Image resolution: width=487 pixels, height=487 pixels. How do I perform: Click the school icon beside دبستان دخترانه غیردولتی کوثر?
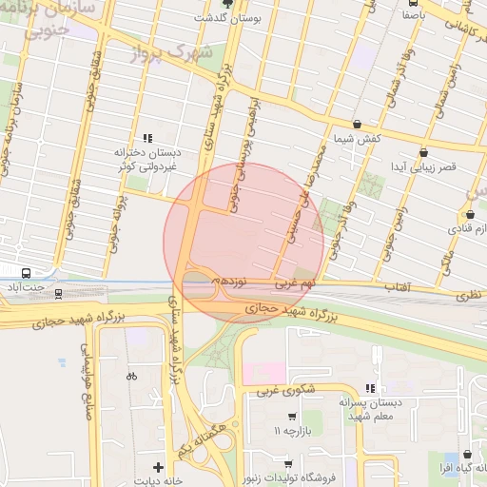coord(147,138)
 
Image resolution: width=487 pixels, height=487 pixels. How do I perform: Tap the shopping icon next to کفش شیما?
coord(357,125)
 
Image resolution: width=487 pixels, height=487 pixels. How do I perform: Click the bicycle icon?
coord(131,376)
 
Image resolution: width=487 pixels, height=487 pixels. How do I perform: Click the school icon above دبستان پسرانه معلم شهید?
coord(370,387)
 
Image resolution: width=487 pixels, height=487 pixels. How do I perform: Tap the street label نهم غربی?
coord(295,283)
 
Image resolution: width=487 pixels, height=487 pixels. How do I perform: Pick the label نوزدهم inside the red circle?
coord(230,282)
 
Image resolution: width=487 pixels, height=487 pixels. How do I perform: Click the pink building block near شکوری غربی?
coord(268,370)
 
